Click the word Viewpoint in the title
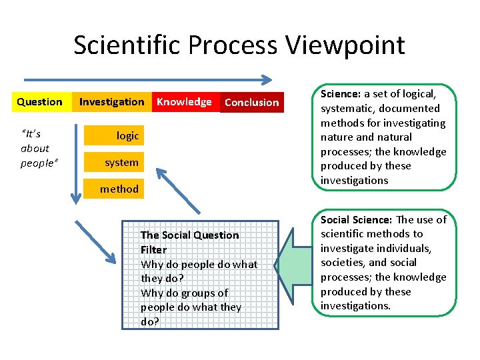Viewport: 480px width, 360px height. [345, 45]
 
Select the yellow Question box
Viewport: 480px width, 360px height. [39, 102]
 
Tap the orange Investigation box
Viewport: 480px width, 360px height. [111, 102]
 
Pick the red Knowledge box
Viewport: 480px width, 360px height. [184, 102]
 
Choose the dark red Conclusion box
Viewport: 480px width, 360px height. [251, 102]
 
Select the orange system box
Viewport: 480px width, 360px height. [121, 162]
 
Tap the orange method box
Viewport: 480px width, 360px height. [119, 189]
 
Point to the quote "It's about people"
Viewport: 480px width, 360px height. [35, 148]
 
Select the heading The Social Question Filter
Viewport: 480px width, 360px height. [189, 242]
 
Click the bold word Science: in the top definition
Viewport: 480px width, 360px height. [341, 94]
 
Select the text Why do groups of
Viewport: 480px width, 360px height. [184, 293]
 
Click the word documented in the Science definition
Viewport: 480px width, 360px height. [409, 109]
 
